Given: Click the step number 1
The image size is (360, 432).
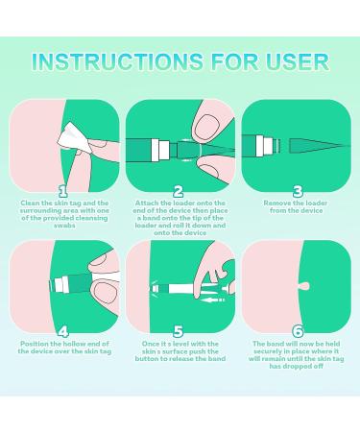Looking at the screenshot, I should pos(62,191).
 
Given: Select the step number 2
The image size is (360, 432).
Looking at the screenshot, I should pos(179,191).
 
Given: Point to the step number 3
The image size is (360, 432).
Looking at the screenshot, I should pos(297,191).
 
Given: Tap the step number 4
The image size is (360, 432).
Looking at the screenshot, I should pos(62,332).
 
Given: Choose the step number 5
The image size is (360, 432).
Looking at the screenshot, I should pos(179,332).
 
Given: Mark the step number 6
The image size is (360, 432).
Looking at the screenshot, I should pos(297,332).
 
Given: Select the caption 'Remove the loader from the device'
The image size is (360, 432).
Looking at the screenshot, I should pos(297,208).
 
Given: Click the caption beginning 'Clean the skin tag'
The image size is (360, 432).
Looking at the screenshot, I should pos(62,213).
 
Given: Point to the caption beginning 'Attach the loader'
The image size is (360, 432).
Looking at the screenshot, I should pos(179,217).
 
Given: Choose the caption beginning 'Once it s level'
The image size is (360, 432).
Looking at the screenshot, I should pos(179,354).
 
